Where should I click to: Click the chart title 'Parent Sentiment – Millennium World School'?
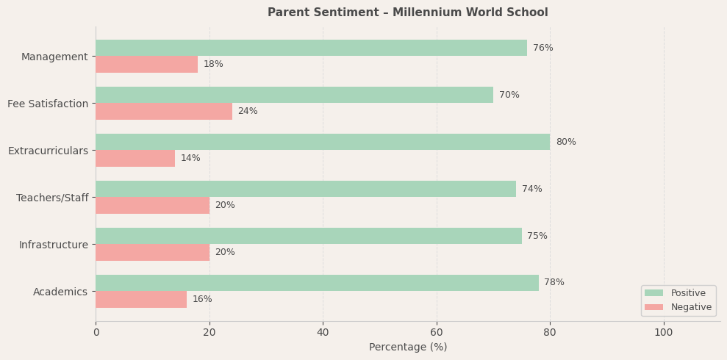[x=407, y=12]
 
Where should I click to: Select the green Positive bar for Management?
[x=311, y=48]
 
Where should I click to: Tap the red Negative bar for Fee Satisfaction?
[x=164, y=111]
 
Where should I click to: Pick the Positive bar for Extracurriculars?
[x=323, y=142]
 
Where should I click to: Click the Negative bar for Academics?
[x=141, y=299]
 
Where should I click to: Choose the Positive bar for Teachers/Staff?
[x=306, y=189]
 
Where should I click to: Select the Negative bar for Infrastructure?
[x=152, y=252]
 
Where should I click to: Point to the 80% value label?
[x=565, y=142]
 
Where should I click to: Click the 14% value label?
[x=190, y=158]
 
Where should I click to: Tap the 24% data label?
[x=248, y=111]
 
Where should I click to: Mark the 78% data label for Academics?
[x=554, y=283]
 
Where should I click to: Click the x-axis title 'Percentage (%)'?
[x=407, y=347]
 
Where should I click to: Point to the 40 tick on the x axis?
[x=323, y=332]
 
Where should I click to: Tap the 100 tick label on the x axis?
[x=664, y=332]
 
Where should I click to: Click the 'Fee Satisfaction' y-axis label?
[x=48, y=104]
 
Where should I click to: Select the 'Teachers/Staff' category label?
[x=52, y=198]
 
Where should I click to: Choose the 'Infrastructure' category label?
[x=54, y=245]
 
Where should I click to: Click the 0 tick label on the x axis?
[x=96, y=332]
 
